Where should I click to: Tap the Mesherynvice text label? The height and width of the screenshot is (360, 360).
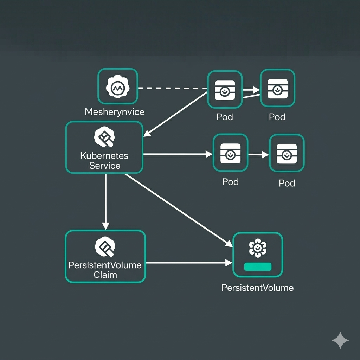click(115, 112)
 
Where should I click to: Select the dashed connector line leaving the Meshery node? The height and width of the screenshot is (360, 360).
click(172, 88)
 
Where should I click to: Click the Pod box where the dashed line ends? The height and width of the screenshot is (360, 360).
click(225, 89)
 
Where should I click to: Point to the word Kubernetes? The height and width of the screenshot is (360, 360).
click(104, 156)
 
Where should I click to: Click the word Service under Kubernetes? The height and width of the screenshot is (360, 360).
click(105, 166)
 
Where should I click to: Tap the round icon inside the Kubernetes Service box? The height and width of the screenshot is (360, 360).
click(104, 137)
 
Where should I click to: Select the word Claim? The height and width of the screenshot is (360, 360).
click(105, 275)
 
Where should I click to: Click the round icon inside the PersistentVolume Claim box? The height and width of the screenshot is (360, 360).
click(105, 246)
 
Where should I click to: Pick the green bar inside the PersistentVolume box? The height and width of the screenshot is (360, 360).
click(258, 266)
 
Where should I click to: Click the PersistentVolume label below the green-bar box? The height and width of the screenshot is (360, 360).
click(257, 288)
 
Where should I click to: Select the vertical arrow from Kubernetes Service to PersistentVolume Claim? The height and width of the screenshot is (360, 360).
click(105, 200)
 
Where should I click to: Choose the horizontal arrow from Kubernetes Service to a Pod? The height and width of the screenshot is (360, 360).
click(178, 154)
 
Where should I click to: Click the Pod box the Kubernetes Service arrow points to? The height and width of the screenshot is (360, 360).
click(230, 153)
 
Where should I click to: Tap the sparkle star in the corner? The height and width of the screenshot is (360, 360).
click(340, 340)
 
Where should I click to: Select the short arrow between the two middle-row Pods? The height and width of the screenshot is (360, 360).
click(258, 154)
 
